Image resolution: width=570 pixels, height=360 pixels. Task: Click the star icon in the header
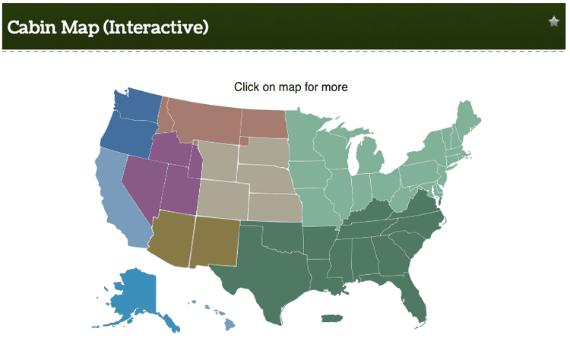[554, 21]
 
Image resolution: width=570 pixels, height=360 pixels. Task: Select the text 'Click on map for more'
[290, 87]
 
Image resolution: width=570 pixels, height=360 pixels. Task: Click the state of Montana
[201, 118]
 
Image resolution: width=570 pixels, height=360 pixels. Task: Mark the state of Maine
[469, 118]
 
